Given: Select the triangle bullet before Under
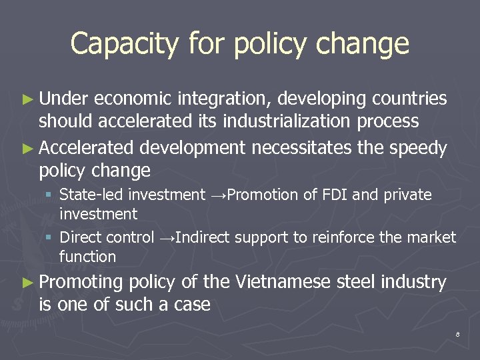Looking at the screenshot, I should (27, 99).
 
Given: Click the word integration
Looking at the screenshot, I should (224, 99).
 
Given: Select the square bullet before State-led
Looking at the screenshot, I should (49, 195).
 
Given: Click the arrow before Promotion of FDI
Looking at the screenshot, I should (219, 195).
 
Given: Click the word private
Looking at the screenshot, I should (405, 195).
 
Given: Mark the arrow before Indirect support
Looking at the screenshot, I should (167, 238).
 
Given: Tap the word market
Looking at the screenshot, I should (434, 237).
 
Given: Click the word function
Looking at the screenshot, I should (87, 257).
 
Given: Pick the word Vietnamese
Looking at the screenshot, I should (284, 283).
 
